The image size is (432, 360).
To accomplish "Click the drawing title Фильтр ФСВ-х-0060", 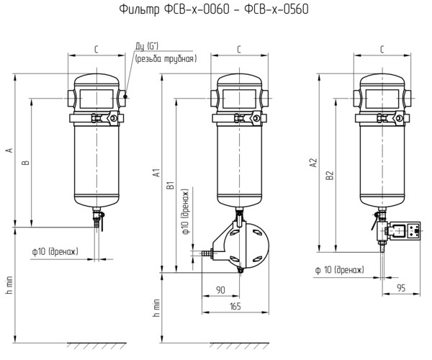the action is (x=174, y=9).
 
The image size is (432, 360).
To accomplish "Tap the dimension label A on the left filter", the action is (x=9, y=150).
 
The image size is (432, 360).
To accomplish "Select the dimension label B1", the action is (x=171, y=185).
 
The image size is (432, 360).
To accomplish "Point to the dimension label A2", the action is (x=313, y=163).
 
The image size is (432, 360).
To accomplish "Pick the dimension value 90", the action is (x=221, y=290).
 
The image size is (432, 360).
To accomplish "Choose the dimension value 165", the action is (x=235, y=306).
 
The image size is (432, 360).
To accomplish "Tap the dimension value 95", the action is (x=402, y=288).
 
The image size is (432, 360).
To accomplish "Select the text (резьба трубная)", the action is (x=166, y=59).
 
